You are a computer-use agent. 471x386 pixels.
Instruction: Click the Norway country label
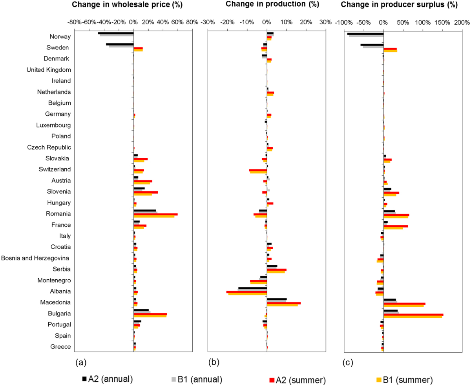click(x=60, y=37)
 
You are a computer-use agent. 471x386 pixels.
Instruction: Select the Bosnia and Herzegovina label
click(x=36, y=258)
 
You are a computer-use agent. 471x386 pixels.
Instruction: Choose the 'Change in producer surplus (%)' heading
click(x=399, y=5)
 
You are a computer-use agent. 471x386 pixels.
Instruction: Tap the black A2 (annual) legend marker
click(x=84, y=379)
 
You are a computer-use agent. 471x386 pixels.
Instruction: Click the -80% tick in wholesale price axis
click(x=75, y=22)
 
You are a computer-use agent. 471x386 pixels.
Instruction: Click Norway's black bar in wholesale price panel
click(x=116, y=33)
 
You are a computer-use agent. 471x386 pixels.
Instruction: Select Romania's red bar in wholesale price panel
click(x=155, y=214)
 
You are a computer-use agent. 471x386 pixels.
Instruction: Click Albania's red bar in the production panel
click(x=246, y=292)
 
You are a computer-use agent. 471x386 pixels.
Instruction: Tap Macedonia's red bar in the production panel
click(x=284, y=303)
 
